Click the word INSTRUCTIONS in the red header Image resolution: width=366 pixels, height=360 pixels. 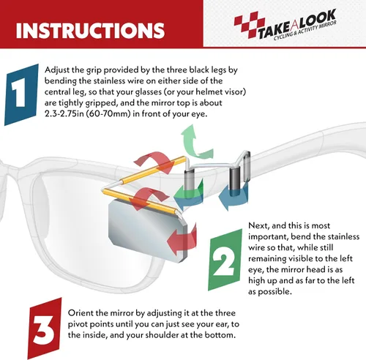coord(90,30)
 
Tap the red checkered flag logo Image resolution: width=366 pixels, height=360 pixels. coord(249,24)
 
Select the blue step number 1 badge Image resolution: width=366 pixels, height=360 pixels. coord(21,94)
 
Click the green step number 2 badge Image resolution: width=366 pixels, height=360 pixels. coord(225,260)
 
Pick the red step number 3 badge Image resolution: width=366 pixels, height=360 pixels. coord(45,329)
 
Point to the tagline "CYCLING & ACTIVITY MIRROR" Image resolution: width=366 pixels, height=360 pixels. coord(305,31)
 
